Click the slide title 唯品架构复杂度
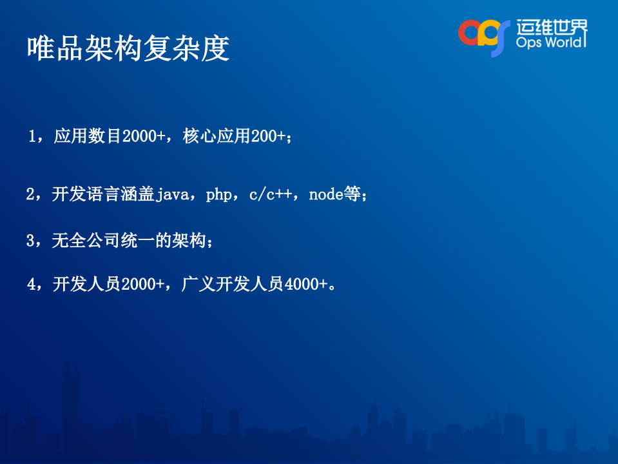[x=128, y=49]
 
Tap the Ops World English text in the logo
[x=552, y=42]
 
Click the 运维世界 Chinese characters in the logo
[x=552, y=26]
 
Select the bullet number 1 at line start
[x=32, y=137]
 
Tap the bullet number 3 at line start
[x=30, y=241]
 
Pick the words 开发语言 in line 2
[x=86, y=195]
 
